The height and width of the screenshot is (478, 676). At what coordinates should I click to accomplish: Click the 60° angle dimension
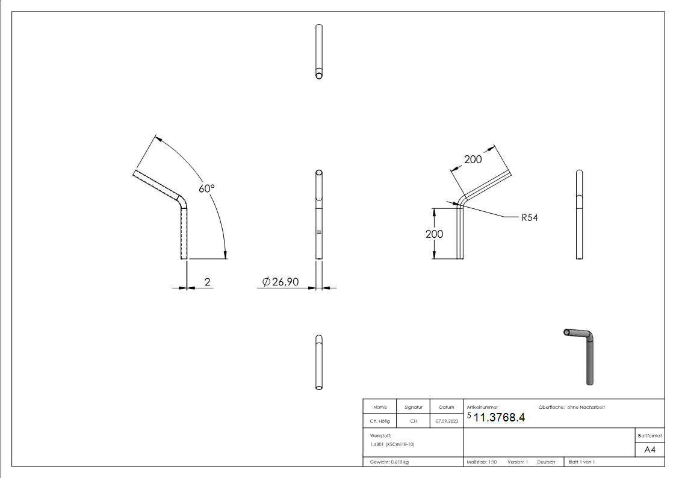206,188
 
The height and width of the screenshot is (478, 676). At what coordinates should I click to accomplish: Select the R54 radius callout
529,217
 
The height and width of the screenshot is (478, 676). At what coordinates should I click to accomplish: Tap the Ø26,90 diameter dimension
281,282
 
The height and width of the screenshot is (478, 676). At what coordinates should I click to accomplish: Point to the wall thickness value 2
208,281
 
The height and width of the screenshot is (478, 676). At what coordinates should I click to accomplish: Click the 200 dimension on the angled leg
473,160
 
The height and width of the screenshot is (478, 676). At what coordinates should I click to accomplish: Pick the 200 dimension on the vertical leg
434,234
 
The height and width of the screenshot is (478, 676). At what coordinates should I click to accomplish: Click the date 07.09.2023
446,421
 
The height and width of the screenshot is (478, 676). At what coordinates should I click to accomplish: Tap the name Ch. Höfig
379,421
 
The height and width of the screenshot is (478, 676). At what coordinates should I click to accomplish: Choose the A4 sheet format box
650,450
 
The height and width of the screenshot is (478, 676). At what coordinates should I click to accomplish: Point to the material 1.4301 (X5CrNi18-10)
392,444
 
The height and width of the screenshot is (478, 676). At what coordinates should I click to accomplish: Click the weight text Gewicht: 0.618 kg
389,462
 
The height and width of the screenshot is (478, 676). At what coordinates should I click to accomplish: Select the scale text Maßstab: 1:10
482,462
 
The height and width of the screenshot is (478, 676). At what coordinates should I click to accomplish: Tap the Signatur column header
412,408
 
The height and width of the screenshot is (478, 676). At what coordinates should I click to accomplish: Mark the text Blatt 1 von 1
581,462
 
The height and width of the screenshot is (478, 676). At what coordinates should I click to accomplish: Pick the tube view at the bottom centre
318,362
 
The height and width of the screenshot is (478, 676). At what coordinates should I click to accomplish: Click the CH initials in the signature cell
412,421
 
